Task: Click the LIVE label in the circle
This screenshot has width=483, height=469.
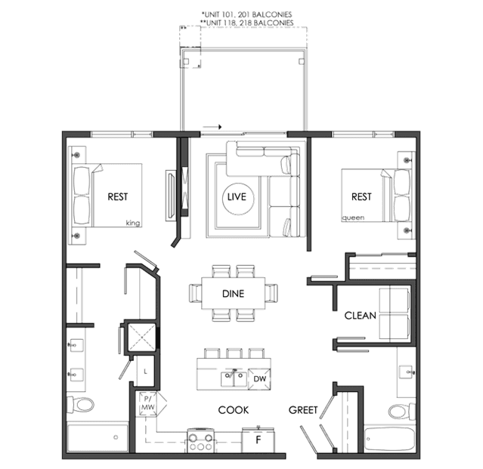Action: pos(237,196)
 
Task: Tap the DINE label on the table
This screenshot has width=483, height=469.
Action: pos(233,294)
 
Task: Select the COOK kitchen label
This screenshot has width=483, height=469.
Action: pos(233,410)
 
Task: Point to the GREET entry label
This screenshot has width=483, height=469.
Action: pos(303,410)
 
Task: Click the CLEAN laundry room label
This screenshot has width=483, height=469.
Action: pos(360,316)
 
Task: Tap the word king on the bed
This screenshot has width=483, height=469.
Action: pos(133,223)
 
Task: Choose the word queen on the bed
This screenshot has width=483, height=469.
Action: pos(353,218)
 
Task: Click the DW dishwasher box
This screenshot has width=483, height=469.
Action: pos(259,379)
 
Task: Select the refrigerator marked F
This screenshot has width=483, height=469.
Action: pos(258,440)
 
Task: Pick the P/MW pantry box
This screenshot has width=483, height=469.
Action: pos(147,404)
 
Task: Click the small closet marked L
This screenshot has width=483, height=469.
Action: pos(145,371)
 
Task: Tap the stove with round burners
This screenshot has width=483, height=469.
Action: pos(200,440)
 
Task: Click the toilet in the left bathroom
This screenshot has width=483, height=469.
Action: pos(82,404)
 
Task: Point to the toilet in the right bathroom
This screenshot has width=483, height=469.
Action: pos(401,410)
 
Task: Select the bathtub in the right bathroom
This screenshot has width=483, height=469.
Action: pos(389,439)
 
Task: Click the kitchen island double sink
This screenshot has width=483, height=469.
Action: pos(233,378)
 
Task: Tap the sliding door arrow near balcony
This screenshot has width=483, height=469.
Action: pos(212,127)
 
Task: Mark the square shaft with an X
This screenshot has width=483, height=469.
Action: pos(141,337)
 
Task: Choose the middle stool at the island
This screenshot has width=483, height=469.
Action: pos(234,353)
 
